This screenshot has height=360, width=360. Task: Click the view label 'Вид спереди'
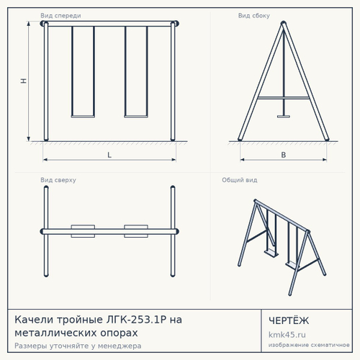click(x=60, y=16)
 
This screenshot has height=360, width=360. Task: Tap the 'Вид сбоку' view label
click(x=254, y=16)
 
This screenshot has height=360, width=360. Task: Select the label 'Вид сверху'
click(x=58, y=180)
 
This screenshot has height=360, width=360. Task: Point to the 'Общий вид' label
click(x=240, y=180)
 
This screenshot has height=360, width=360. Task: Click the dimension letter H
click(x=23, y=81)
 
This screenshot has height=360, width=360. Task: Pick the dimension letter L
click(x=109, y=155)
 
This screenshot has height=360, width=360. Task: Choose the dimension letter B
click(x=284, y=155)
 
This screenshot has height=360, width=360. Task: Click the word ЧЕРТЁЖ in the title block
click(x=289, y=320)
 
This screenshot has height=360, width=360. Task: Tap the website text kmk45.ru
click(x=287, y=335)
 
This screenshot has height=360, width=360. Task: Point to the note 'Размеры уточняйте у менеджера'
click(x=78, y=346)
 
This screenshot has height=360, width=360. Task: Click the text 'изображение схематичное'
click(x=309, y=345)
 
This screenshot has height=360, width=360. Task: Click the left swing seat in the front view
click(x=83, y=117)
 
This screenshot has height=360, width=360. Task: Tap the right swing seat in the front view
click(x=136, y=117)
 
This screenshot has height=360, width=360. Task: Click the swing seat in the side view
click(x=284, y=117)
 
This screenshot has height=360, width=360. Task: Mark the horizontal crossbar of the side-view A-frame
click(x=284, y=98)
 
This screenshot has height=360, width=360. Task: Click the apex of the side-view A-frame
click(x=284, y=22)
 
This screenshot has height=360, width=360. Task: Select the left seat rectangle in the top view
click(x=83, y=231)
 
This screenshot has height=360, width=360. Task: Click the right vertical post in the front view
click(x=173, y=81)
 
